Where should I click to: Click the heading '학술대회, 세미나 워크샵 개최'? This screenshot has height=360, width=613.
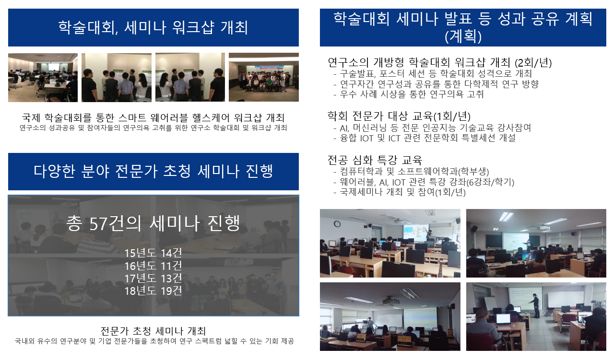coord(153,28)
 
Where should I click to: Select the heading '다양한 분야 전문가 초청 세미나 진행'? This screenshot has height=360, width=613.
coord(153,171)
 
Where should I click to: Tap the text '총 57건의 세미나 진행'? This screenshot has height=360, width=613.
coord(153,223)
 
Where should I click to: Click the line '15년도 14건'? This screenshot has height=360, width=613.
coord(153,253)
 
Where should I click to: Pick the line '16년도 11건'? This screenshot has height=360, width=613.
coord(153,266)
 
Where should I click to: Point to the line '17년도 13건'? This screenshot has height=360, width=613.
coord(153,279)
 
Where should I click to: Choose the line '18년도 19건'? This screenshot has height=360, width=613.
coord(153,291)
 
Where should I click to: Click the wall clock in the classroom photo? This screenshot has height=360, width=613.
coord(337,224)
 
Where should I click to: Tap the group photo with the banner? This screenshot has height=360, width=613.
coord(264,77)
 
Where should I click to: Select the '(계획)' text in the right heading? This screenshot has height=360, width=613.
coord(463,36)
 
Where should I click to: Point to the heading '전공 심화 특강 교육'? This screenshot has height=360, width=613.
coord(375,160)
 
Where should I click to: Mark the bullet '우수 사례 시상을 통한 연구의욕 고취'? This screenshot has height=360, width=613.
coord(409,94)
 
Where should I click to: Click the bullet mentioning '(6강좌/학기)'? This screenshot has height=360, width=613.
coord(424,182)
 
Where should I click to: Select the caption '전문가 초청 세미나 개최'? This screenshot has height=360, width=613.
coord(153,331)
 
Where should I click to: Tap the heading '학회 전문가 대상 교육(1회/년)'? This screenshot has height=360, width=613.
coord(399,116)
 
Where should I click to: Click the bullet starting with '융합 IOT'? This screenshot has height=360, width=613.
coord(424,138)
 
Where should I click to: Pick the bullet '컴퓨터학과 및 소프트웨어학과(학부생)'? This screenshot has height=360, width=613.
coord(412,172)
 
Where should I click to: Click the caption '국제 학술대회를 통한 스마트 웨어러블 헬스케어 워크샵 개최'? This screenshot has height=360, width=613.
coord(153,118)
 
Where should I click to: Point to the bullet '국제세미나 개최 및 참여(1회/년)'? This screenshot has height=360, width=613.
coord(400,192)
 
